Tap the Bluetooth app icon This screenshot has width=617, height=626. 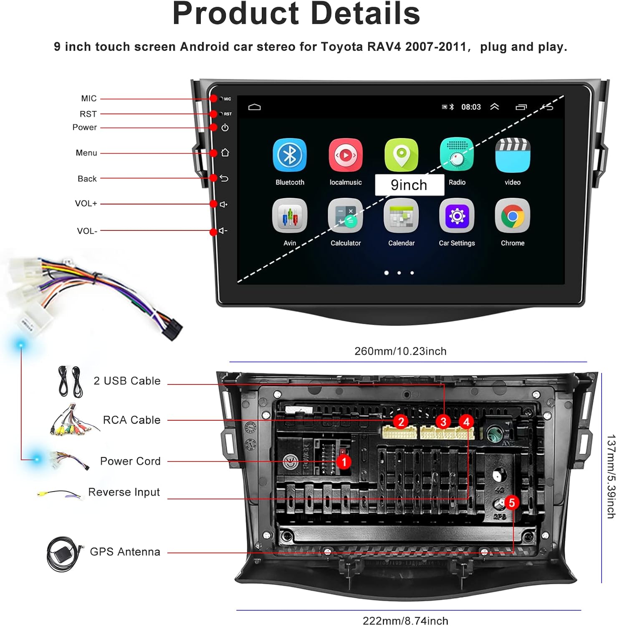[x=290, y=155]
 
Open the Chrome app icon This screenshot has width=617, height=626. [x=512, y=216]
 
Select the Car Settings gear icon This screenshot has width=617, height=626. [x=457, y=216]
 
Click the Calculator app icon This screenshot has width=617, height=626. [x=345, y=216]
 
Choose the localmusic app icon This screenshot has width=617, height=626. [x=345, y=155]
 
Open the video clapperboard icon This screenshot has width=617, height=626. [x=512, y=155]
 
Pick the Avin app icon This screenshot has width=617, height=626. [x=290, y=216]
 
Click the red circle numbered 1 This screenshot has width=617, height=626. [x=344, y=462]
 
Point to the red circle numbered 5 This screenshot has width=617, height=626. [x=512, y=502]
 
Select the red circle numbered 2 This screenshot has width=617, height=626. [x=401, y=422]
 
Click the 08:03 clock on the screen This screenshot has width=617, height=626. [x=471, y=107]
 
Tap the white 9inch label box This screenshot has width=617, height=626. [x=409, y=185]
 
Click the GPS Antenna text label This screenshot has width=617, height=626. [x=125, y=552]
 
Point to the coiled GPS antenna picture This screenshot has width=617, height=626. [x=63, y=554]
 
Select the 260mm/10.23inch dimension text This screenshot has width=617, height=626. [x=400, y=351]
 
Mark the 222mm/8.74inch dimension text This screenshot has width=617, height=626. [x=405, y=621]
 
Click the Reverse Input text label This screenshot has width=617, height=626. [x=124, y=492]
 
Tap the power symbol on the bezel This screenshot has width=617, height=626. [x=225, y=128]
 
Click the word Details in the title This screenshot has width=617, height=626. [x=365, y=13]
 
